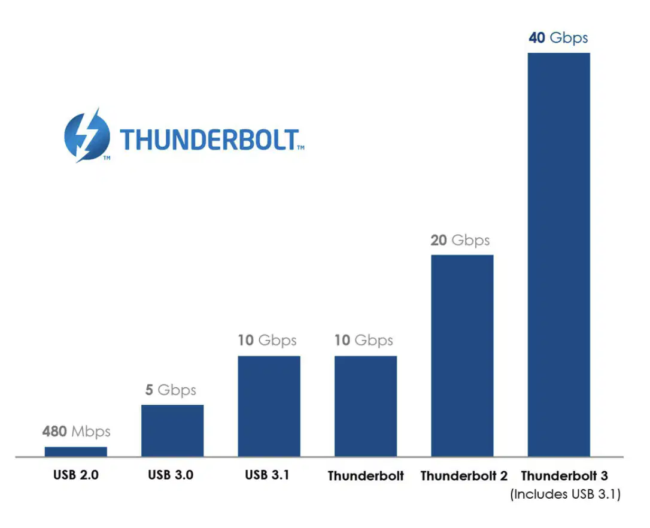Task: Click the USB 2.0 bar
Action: coord(76,451)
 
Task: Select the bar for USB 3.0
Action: coord(172,430)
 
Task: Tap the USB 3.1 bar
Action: coord(269,406)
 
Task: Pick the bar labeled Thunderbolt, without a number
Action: coord(366,406)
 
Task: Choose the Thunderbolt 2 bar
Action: coord(462,356)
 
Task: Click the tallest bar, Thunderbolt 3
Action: coord(559,254)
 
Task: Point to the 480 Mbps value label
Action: coord(76,432)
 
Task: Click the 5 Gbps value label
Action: coord(171,390)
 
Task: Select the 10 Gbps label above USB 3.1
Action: coord(268,341)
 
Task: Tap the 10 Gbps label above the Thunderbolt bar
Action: coord(364,341)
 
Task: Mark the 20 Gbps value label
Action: coord(460,241)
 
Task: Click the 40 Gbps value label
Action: coord(558,38)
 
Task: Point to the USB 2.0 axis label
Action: coord(76,475)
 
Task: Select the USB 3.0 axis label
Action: coord(171,475)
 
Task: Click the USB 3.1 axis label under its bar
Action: coord(267,475)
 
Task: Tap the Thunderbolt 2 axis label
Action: coord(464,476)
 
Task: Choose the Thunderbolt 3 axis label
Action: coord(564,476)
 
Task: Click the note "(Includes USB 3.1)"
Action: coord(566,494)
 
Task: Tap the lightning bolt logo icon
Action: coord(87,135)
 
